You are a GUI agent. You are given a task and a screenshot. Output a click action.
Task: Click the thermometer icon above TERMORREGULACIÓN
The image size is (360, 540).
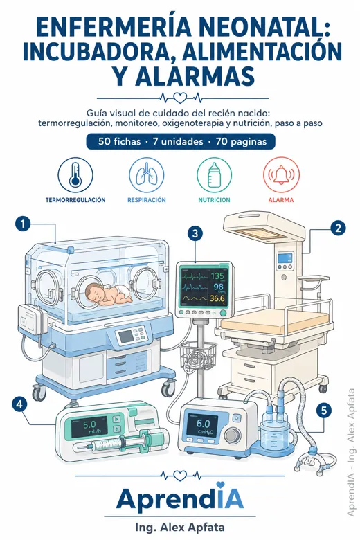[75, 175]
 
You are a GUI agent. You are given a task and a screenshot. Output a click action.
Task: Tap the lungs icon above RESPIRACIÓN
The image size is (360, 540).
[146, 175]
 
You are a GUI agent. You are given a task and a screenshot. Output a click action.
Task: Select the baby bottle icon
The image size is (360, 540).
[215, 175]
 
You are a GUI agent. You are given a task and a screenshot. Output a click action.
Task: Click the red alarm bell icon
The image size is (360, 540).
[282, 175]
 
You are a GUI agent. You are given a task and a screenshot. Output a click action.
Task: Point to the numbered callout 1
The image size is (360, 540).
[23, 224]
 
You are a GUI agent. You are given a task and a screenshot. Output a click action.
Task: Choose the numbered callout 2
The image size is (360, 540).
[338, 228]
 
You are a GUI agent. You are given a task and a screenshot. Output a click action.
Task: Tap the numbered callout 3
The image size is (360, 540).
[195, 233]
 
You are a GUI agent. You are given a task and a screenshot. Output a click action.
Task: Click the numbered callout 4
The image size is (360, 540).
[19, 404]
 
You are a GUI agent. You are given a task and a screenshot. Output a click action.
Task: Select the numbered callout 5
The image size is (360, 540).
[324, 410]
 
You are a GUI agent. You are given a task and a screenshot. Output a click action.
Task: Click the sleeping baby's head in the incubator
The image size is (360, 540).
[94, 292]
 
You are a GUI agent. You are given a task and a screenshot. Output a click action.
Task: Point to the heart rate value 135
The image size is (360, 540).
[217, 276]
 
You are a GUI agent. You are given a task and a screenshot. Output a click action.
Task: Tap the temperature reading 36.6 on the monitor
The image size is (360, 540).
[217, 298]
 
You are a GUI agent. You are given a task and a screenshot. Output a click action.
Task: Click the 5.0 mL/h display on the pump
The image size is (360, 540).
[89, 426]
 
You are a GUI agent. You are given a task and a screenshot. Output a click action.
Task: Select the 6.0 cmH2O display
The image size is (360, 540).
[204, 426]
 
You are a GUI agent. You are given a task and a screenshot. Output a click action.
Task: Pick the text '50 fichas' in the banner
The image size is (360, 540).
[120, 141]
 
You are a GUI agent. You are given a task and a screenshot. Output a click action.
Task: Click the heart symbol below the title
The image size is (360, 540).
[179, 98]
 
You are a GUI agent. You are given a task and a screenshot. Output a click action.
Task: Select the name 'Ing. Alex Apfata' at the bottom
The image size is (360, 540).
[180, 528]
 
